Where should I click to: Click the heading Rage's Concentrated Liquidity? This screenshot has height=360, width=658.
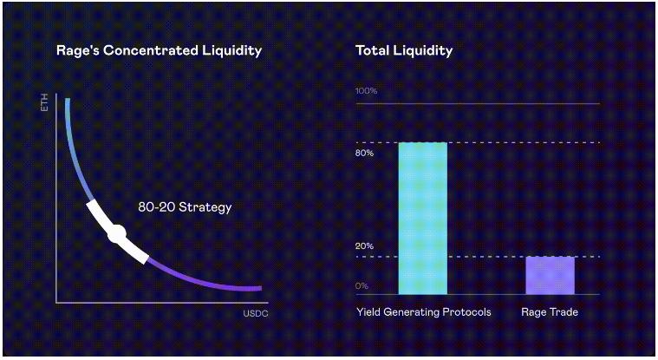click(x=159, y=50)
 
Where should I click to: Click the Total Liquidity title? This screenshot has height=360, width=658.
click(x=404, y=50)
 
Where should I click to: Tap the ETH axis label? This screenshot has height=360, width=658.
click(x=44, y=108)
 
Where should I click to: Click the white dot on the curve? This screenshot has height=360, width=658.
click(x=116, y=232)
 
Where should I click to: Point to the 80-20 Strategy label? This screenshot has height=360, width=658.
click(x=185, y=207)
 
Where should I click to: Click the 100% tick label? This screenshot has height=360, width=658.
click(x=367, y=91)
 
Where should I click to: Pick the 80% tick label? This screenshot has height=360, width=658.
click(x=365, y=154)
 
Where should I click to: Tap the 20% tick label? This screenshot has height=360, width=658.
click(x=364, y=246)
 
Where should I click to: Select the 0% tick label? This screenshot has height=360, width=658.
click(x=362, y=285)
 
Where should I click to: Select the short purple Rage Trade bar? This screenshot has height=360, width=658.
click(x=550, y=275)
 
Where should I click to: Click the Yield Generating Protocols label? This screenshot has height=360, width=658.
click(x=424, y=311)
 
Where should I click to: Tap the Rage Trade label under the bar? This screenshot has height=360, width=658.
click(x=550, y=311)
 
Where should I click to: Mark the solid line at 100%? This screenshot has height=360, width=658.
click(x=477, y=103)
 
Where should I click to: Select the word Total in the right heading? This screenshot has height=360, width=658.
click(x=371, y=50)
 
